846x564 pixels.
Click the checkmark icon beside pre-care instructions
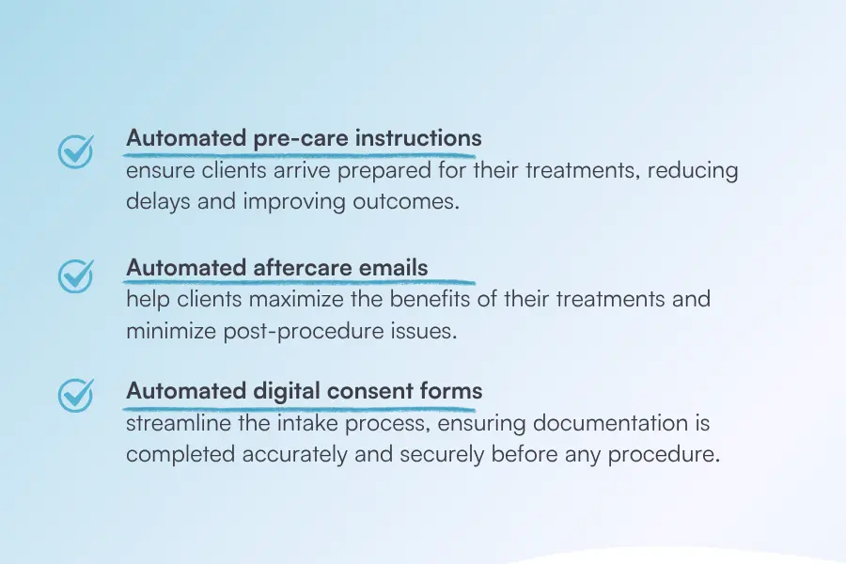[x=76, y=150]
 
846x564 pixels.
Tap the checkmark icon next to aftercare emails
[x=76, y=274]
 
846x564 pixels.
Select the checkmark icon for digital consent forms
[x=76, y=395]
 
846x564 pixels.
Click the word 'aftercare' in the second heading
[x=302, y=268]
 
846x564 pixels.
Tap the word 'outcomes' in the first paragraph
[x=413, y=201]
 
